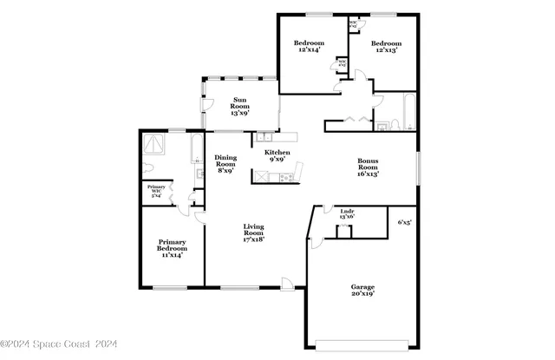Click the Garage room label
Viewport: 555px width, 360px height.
(362, 291)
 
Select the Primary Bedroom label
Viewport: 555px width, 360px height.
(170, 247)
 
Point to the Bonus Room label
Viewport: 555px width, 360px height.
(369, 167)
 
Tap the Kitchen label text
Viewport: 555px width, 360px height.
(277, 157)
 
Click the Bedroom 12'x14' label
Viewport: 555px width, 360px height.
(309, 48)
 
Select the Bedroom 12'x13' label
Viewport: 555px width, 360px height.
(386, 48)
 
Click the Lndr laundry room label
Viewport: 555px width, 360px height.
(347, 213)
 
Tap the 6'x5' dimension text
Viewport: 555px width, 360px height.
(404, 223)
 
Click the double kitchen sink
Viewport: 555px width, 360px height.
(264, 137)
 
